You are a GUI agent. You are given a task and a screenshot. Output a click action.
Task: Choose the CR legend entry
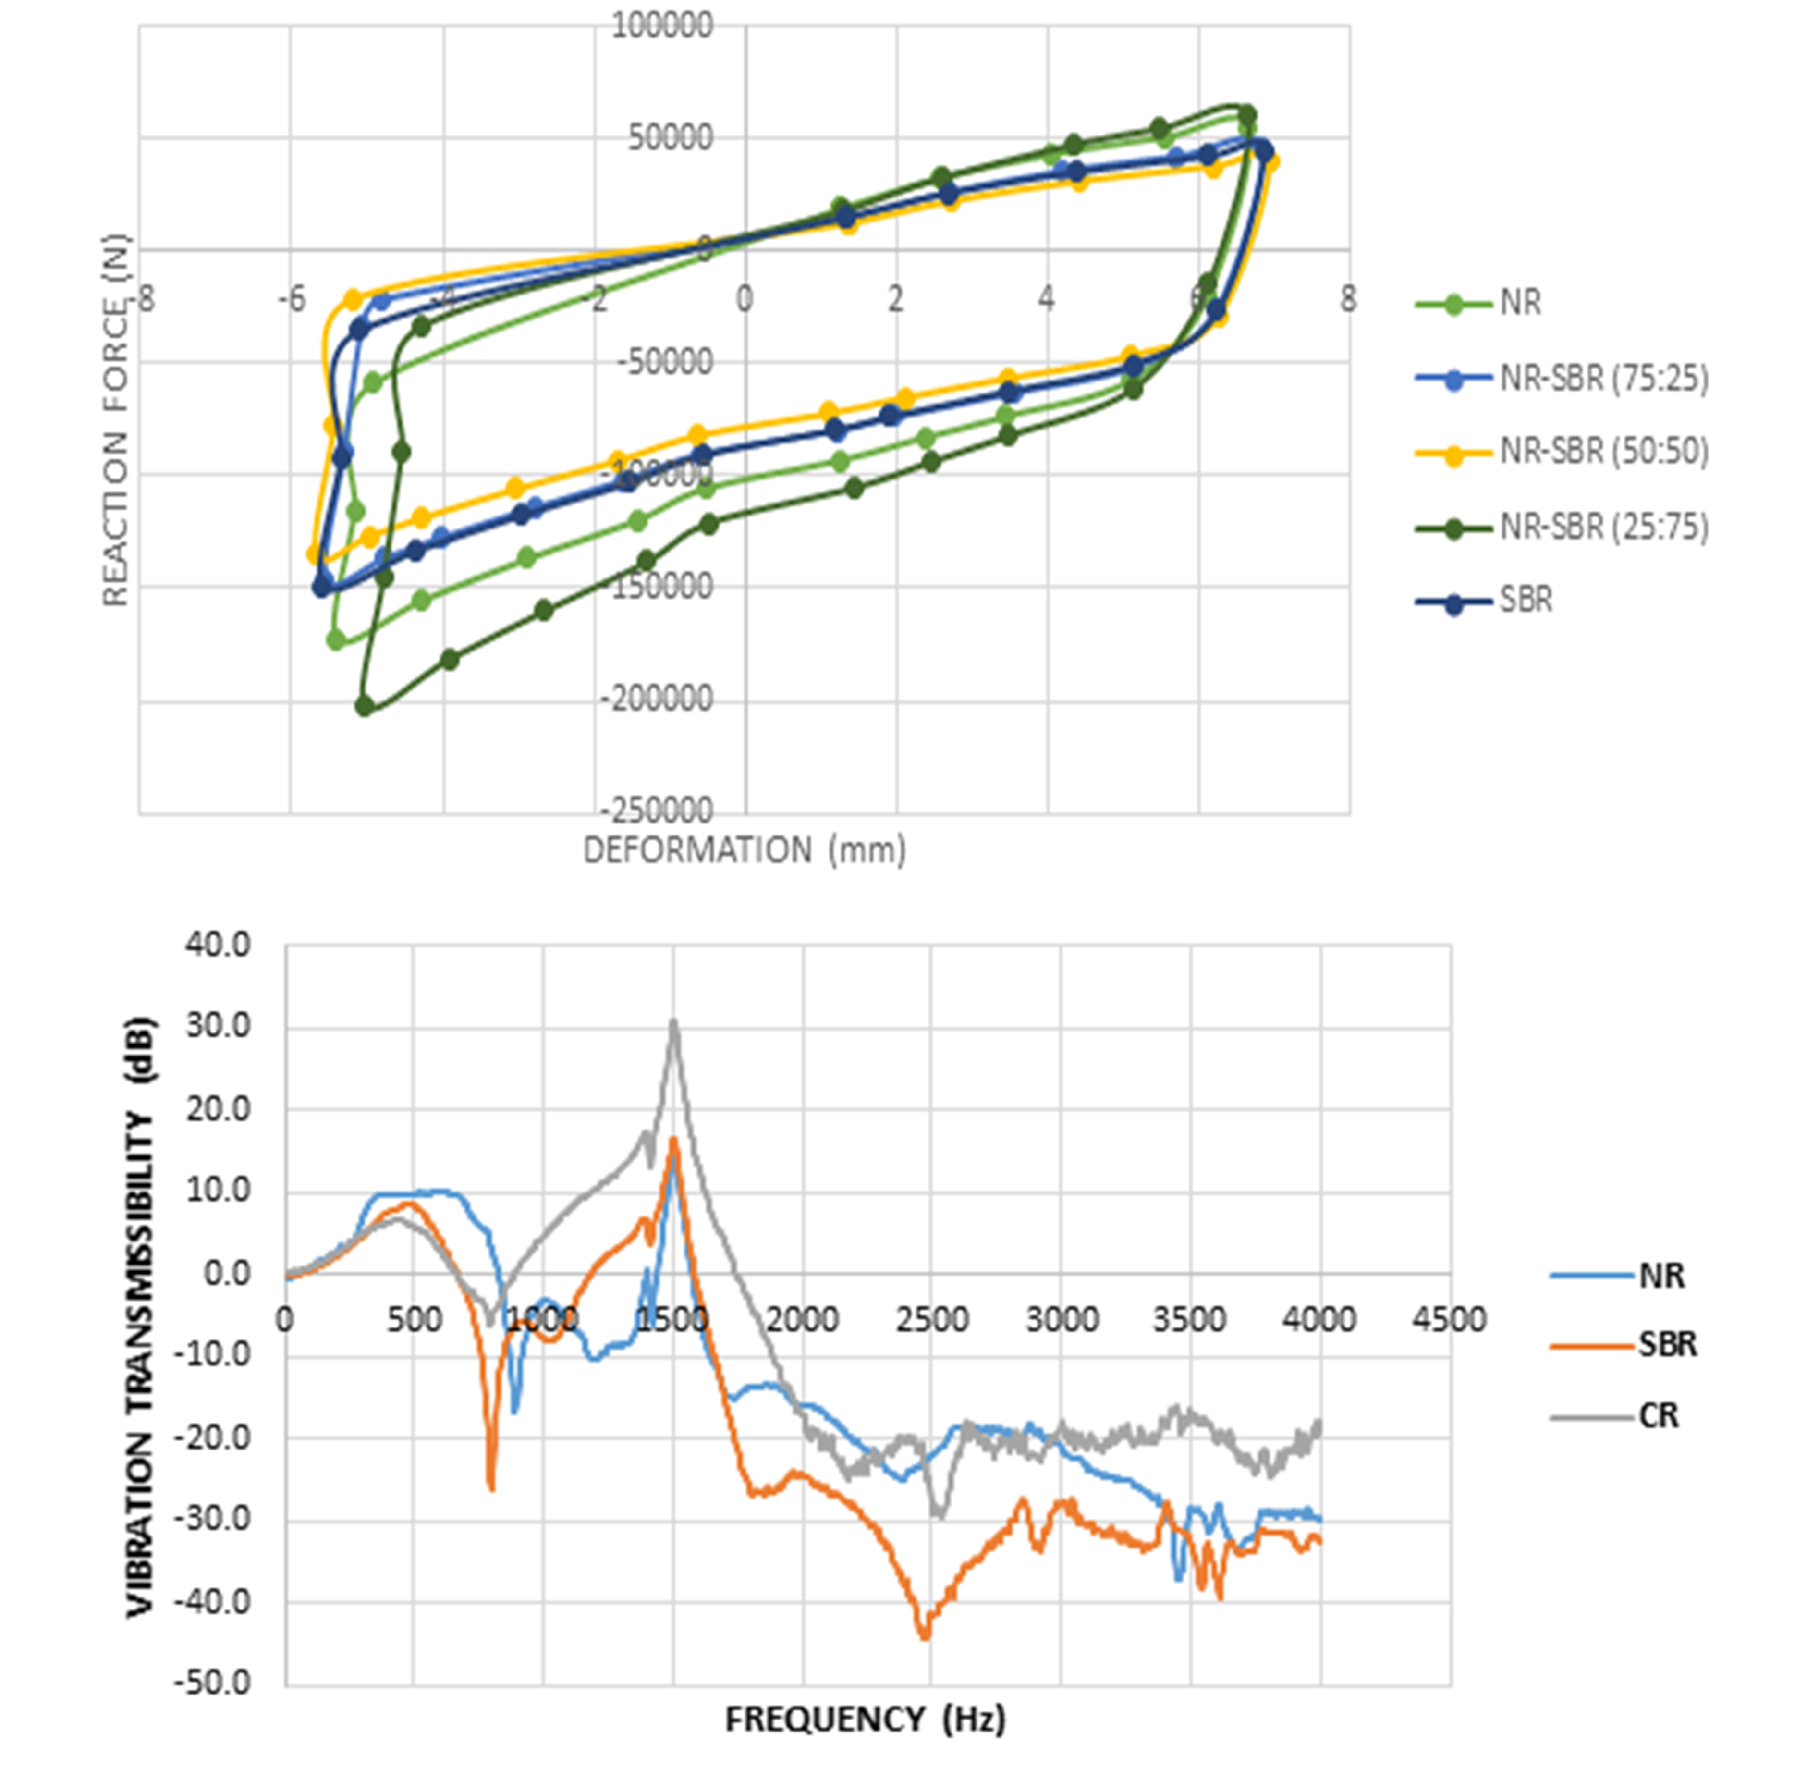point(1659,1416)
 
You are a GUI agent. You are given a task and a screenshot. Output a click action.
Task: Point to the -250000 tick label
point(658,811)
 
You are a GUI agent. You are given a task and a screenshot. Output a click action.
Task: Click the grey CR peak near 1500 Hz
point(673,1022)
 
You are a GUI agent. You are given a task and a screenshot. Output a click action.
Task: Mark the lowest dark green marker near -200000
point(365,706)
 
